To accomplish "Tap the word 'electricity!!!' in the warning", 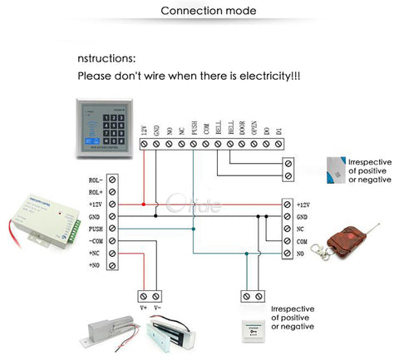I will (x=264, y=76).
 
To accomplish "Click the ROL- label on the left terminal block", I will (x=96, y=180).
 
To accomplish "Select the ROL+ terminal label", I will (x=96, y=192).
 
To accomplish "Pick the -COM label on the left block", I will (x=95, y=239).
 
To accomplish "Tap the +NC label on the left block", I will (x=96, y=252).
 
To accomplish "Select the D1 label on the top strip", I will (x=278, y=129).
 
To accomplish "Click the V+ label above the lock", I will (x=145, y=308).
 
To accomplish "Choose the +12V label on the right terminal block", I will (x=303, y=205).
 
